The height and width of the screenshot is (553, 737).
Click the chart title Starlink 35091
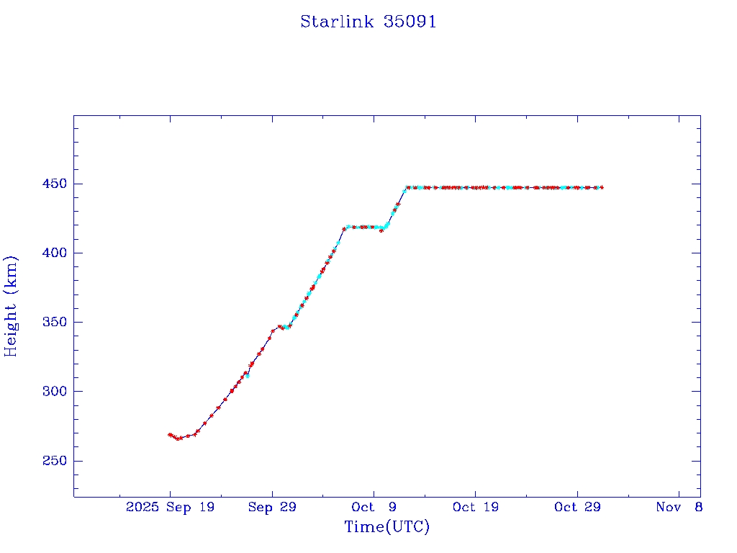(368, 22)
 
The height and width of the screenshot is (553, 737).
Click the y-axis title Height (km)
(11, 306)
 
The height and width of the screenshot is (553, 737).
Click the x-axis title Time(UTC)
(387, 527)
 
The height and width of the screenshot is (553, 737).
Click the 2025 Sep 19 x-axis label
(170, 508)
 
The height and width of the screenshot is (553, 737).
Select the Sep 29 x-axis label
(272, 508)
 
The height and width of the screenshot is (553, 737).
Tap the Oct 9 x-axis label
(374, 508)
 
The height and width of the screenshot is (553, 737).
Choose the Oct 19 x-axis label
(476, 508)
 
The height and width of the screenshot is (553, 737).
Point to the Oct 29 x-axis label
(577, 508)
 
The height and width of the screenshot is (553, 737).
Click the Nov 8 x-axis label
(679, 508)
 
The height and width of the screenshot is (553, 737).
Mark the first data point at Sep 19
(170, 434)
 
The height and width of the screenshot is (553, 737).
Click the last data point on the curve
(602, 187)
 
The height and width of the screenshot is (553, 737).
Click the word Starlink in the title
(334, 22)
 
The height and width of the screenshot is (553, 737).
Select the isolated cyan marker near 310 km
(248, 376)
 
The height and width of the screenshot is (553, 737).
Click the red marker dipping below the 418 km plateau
(381, 230)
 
